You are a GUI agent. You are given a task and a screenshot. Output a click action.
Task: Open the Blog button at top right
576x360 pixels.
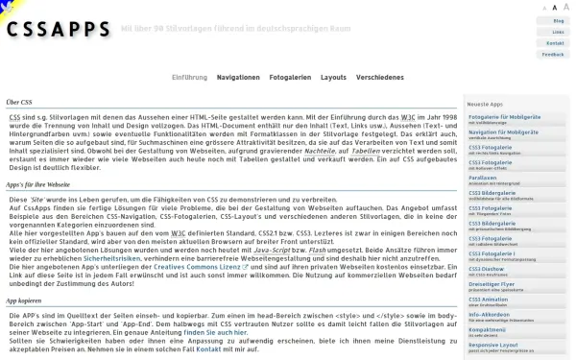558,20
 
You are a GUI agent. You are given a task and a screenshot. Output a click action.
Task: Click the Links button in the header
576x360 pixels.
558,32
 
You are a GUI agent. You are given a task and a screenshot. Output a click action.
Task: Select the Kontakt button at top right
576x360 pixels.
555,43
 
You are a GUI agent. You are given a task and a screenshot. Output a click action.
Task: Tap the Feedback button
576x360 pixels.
553,55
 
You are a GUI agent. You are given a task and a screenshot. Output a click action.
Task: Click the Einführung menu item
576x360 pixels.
189,77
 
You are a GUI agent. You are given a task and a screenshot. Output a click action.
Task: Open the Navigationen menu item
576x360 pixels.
238,77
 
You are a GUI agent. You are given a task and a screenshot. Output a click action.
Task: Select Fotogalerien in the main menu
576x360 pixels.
290,77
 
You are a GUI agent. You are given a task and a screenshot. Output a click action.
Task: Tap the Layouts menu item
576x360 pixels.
333,77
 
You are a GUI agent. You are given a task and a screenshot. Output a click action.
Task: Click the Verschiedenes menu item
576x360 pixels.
379,77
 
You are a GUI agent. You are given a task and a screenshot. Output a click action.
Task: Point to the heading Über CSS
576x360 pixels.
19,102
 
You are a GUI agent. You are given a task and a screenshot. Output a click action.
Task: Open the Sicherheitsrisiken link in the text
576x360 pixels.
113,257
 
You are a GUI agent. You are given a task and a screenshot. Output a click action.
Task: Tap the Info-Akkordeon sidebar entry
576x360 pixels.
489,314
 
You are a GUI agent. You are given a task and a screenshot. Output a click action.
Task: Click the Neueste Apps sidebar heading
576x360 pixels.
485,103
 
